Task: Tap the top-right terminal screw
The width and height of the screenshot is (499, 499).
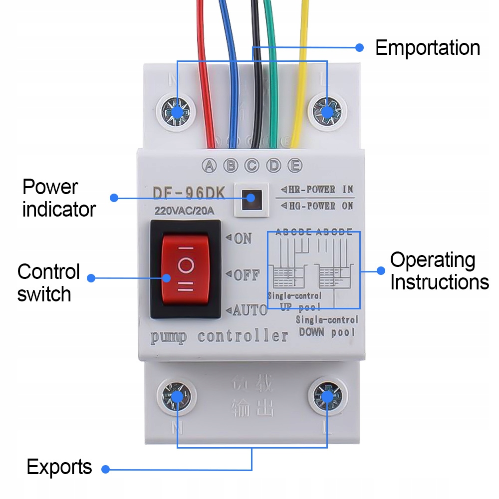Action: [x=326, y=111]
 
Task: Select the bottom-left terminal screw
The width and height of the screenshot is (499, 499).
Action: [x=177, y=397]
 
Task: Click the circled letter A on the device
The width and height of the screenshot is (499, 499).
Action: [x=209, y=166]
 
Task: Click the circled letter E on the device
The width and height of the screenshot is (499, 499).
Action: [x=295, y=166]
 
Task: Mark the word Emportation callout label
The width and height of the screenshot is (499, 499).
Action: [x=428, y=48]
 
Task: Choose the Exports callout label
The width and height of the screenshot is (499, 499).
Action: [x=59, y=467]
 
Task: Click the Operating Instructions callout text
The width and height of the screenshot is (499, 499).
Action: [x=439, y=271]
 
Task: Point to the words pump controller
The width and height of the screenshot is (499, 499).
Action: [x=220, y=337]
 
